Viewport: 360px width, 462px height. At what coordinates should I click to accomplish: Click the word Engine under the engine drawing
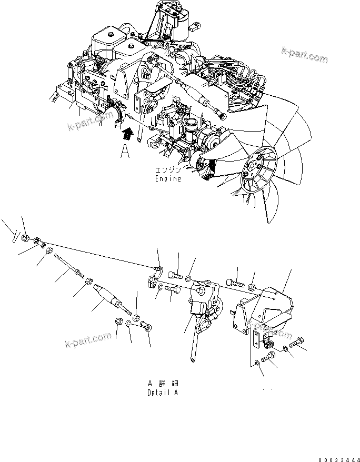click(167, 179)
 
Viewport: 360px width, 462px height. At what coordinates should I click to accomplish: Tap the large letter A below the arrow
click(125, 152)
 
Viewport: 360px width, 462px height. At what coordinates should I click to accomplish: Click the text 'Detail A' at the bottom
click(163, 393)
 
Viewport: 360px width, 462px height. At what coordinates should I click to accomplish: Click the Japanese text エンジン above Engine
click(168, 171)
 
